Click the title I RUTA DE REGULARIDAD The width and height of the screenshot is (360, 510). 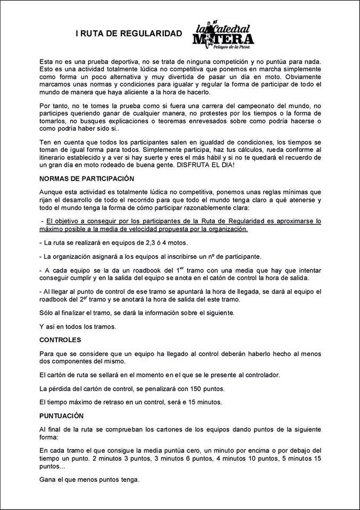point(128,33)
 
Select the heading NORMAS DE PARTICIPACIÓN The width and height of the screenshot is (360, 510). point(87,178)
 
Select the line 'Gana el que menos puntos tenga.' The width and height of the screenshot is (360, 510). point(90,480)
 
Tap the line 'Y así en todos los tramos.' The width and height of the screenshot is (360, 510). point(78,326)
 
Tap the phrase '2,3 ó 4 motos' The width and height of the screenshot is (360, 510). point(158,243)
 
